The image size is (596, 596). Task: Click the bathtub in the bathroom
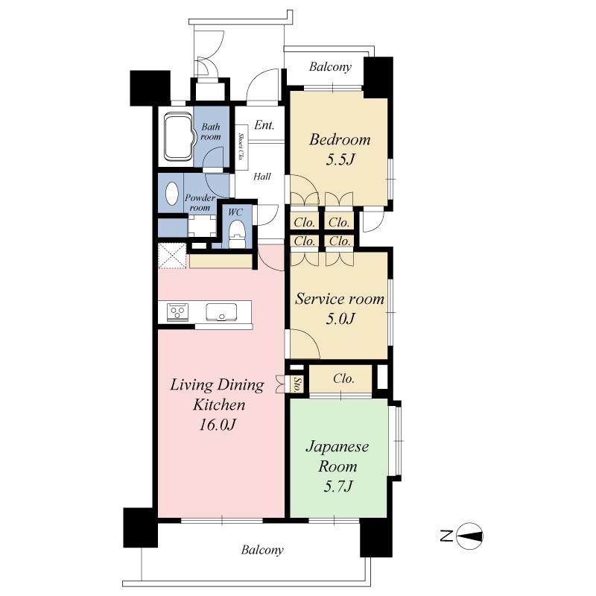tap(177, 136)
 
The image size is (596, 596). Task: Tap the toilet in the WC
tap(237, 236)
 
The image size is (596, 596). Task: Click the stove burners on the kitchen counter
tap(177, 311)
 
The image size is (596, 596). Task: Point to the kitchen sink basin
tap(221, 312)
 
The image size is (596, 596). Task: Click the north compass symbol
tap(469, 536)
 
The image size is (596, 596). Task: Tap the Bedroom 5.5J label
tap(340, 149)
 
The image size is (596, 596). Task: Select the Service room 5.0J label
tap(340, 308)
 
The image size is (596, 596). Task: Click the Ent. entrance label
tap(264, 125)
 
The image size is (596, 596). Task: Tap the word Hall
tap(262, 177)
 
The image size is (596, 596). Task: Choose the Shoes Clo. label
tap(241, 148)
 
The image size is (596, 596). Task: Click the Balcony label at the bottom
tap(262, 551)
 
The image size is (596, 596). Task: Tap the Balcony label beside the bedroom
tap(330, 67)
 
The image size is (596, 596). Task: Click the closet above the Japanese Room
tap(343, 378)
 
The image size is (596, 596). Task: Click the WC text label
tap(235, 212)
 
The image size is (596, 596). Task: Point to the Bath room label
tap(211, 132)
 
